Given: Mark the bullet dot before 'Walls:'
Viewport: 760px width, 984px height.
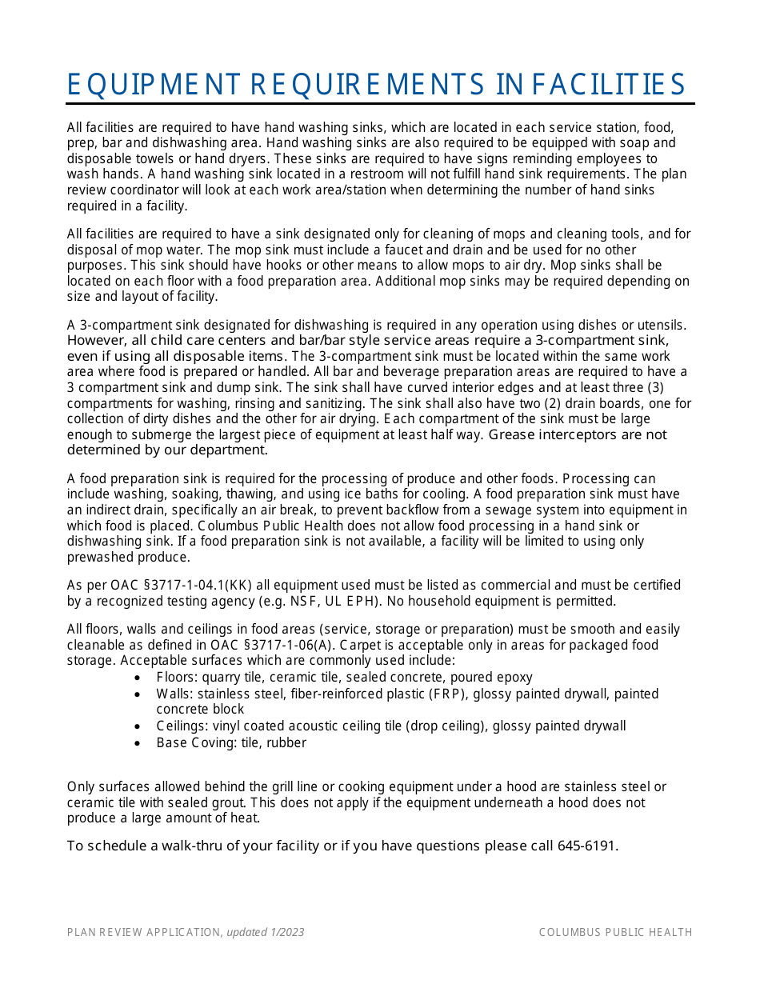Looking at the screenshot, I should pos(138,694).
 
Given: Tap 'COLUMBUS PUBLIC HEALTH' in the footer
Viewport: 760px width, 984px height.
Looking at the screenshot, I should pos(615,932).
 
